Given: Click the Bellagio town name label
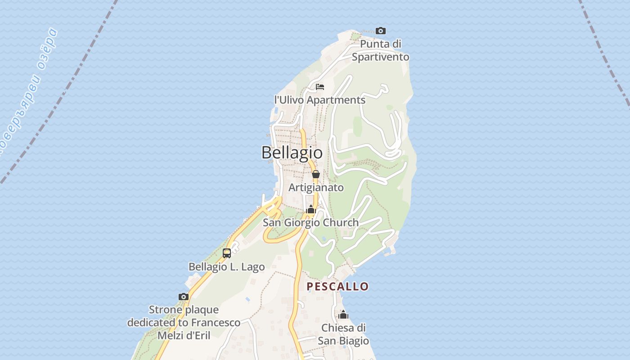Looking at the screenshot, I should pos(292,153).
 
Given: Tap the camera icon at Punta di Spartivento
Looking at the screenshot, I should pos(381,31).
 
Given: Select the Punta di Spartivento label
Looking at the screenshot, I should pos(381,50).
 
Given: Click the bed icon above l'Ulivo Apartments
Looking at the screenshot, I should pos(320,86).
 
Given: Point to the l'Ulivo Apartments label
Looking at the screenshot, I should pos(319,100).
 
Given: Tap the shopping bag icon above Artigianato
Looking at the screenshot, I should pos(316,174).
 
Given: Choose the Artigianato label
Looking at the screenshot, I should pos(316,187).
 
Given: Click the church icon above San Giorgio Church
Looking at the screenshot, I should pos(310,209).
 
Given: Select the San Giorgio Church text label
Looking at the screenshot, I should pos(310,222).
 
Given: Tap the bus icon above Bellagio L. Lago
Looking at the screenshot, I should pos(227,253).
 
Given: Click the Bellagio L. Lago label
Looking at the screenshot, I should pos(226,267).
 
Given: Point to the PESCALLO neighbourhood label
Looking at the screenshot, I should pos(337,287).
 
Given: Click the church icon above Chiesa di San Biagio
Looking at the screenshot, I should pos(343,315).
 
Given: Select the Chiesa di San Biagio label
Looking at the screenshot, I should pos(343,334).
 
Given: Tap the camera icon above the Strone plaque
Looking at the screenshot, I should pos(184,297).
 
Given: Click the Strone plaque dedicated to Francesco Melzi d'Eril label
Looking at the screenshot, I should pos(184,323).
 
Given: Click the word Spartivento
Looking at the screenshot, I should pos(381,57).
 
